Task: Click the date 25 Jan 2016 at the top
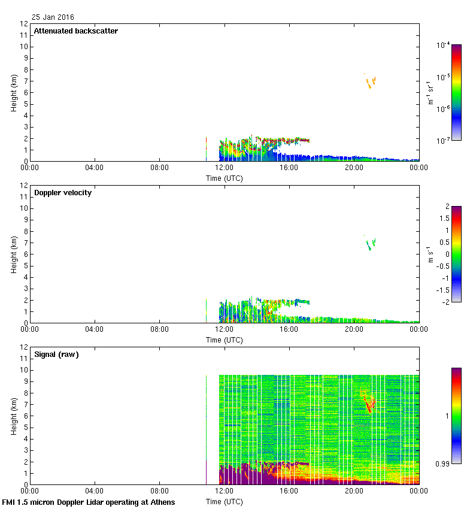(x=53, y=17)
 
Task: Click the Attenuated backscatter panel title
(x=75, y=31)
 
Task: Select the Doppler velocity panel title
(x=63, y=193)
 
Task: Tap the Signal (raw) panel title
(x=56, y=355)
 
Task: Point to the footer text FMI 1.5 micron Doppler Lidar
(x=89, y=502)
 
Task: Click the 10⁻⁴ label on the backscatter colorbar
(x=443, y=45)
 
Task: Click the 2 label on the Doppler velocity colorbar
(x=447, y=207)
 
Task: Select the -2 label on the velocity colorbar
(x=445, y=301)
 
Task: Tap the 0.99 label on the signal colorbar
(x=444, y=463)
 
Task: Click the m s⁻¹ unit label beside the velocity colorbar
(x=430, y=254)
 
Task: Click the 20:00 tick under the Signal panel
(x=353, y=492)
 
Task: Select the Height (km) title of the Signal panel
(x=14, y=416)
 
